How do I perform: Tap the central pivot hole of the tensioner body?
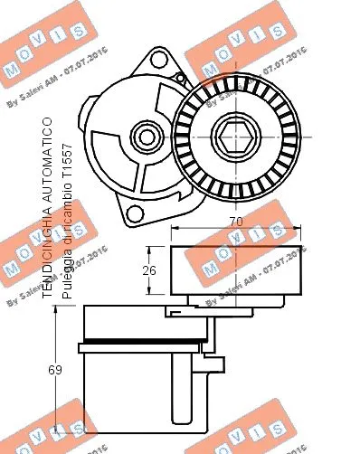coord(145,137)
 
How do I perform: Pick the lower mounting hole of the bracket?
coord(137,214)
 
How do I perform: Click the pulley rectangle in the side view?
coord(236,270)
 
